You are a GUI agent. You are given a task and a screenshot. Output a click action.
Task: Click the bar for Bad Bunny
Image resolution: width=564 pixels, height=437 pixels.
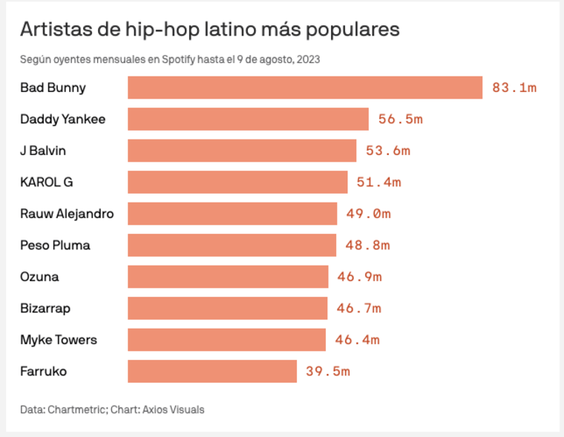pyautogui.click(x=305, y=88)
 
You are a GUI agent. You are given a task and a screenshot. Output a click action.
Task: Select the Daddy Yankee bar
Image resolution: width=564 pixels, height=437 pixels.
pyautogui.click(x=248, y=119)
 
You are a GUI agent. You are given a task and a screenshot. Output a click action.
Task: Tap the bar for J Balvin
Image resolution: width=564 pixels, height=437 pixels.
pyautogui.click(x=242, y=151)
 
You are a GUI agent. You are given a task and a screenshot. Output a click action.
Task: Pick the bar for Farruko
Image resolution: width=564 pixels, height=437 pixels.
pyautogui.click(x=212, y=371)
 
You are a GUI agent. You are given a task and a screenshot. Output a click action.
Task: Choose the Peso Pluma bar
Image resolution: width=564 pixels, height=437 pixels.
pyautogui.click(x=232, y=245)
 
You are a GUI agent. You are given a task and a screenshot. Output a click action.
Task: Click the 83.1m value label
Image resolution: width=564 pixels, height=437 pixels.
pyautogui.click(x=514, y=88)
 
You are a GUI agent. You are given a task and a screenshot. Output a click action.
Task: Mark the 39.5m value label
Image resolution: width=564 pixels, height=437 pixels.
pyautogui.click(x=327, y=371)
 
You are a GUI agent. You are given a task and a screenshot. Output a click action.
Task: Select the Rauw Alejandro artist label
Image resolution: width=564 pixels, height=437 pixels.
pyautogui.click(x=67, y=214)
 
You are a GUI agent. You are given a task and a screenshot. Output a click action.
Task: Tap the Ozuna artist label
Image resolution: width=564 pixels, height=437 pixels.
pyautogui.click(x=39, y=277)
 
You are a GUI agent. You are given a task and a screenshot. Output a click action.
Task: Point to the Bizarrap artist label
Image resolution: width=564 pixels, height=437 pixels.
pyautogui.click(x=45, y=308)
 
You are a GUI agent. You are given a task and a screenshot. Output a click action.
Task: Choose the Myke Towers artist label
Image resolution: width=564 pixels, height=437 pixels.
pyautogui.click(x=59, y=340)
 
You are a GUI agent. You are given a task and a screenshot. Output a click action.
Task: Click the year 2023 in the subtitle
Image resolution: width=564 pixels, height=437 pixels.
pyautogui.click(x=308, y=60)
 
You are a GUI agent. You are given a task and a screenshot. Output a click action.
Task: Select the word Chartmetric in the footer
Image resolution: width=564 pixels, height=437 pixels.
pyautogui.click(x=76, y=409)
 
